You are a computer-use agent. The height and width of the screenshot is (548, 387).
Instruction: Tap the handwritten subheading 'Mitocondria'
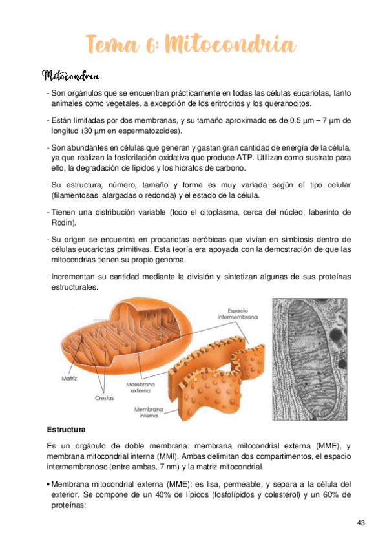coord(70,77)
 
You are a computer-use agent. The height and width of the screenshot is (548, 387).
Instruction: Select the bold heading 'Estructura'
coord(67,430)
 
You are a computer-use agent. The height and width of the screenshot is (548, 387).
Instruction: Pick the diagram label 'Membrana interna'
coord(147,413)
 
